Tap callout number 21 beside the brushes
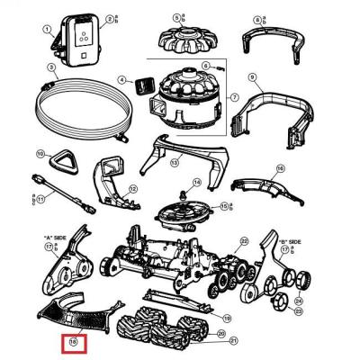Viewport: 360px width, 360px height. [x=233, y=340]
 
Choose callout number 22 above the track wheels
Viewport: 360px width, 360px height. [x=243, y=241]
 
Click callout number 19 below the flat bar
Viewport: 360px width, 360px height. [x=227, y=317]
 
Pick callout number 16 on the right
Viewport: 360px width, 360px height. [x=280, y=167]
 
